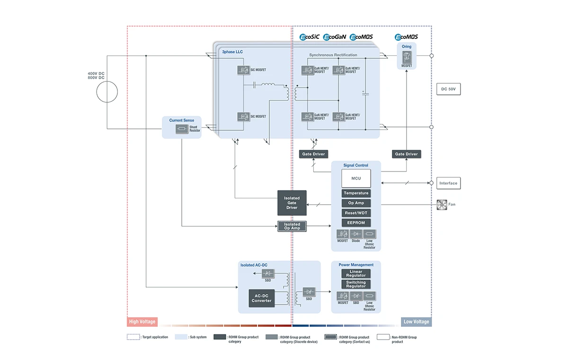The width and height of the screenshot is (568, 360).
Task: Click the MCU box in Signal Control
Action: click(356, 178)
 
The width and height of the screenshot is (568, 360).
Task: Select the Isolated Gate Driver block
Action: click(292, 203)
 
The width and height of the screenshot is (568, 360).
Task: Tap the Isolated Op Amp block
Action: click(292, 226)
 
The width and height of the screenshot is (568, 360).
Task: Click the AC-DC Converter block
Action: click(261, 298)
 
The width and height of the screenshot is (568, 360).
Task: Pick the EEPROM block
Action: click(356, 223)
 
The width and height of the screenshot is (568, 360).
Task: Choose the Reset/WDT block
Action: click(356, 213)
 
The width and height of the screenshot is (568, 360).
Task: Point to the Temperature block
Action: click(356, 193)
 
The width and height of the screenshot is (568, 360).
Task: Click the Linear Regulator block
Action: click(356, 273)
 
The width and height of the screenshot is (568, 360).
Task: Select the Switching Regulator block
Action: click(356, 284)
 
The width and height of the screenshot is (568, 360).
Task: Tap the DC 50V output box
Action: click(448, 89)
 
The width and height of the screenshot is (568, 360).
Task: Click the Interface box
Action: click(448, 183)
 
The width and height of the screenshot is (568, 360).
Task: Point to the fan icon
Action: click(442, 205)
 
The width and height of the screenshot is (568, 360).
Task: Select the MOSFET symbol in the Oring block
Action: click(406, 58)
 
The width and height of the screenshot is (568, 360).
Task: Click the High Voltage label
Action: click(142, 322)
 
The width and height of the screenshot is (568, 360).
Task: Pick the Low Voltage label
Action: click(416, 322)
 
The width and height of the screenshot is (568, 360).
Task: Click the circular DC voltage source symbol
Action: click(107, 92)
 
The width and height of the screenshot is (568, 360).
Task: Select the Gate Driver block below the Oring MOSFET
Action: click(406, 154)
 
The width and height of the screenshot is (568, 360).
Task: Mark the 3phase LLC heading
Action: click(232, 51)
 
